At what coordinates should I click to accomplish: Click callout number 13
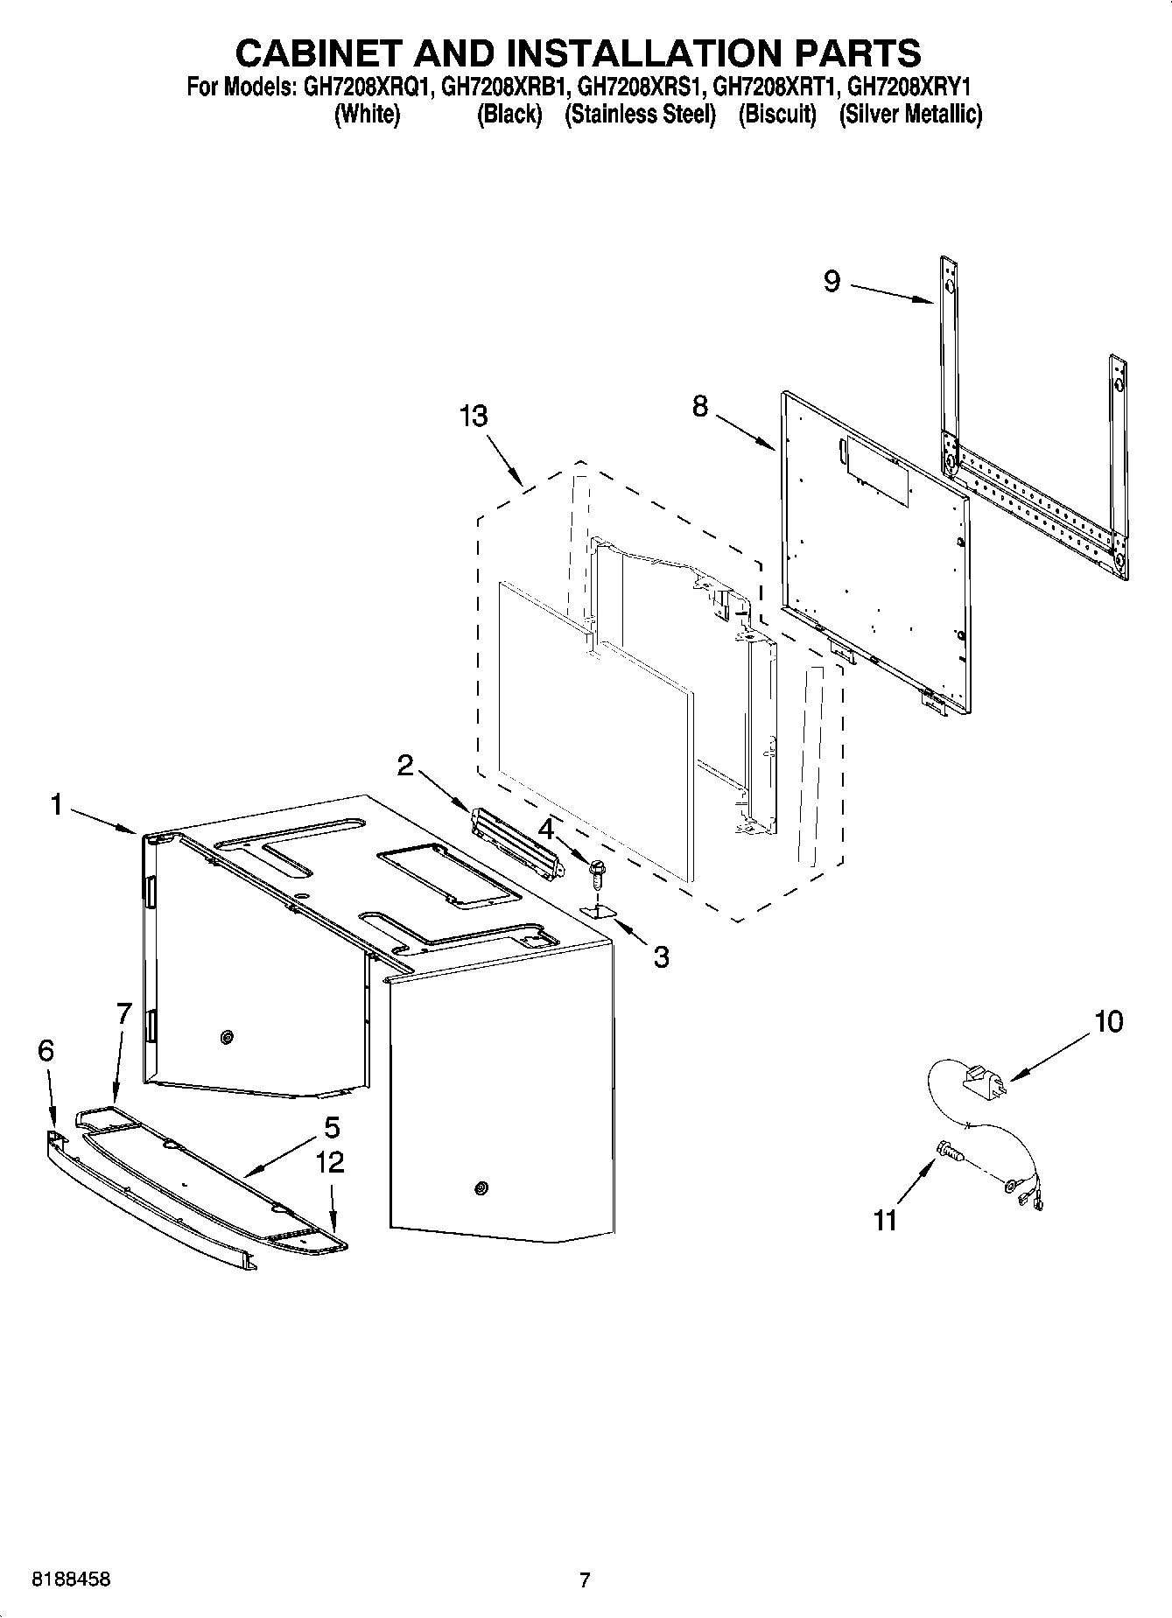[x=474, y=417]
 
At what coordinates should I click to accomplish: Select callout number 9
[x=832, y=281]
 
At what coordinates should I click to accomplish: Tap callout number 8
[x=700, y=407]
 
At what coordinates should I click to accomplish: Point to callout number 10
[x=1108, y=1021]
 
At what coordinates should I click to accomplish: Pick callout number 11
[x=886, y=1220]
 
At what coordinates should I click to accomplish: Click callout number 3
[x=661, y=957]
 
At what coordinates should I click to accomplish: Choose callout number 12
[x=330, y=1162]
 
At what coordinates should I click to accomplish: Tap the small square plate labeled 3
[x=600, y=912]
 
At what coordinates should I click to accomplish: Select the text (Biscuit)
[x=777, y=115]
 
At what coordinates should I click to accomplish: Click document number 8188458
[x=71, y=1580]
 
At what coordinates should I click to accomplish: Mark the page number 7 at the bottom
[x=585, y=1580]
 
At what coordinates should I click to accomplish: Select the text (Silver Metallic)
[x=910, y=115]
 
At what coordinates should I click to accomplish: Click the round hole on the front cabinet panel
[x=480, y=1187]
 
